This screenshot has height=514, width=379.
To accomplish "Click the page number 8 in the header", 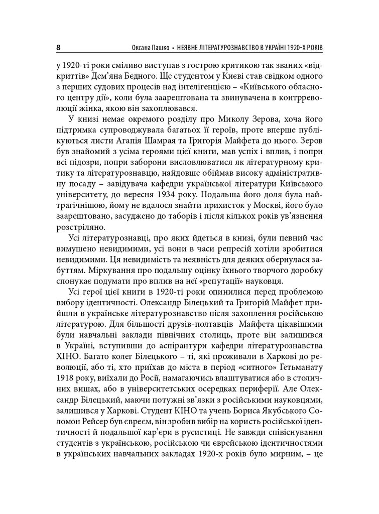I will (x=59, y=48).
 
